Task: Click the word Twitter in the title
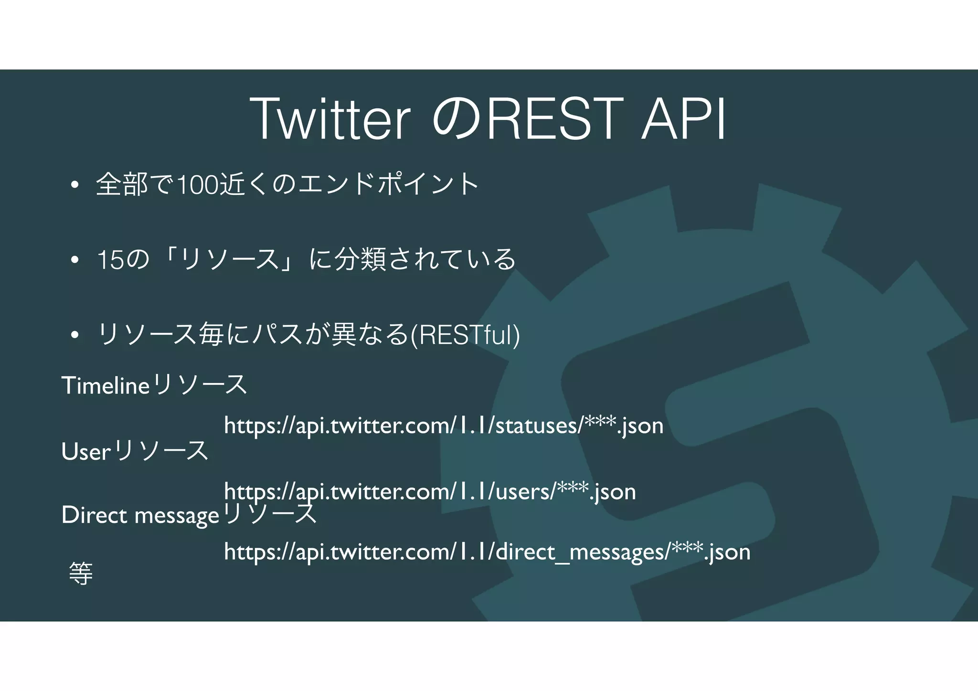pos(330,119)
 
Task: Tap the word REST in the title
pos(554,119)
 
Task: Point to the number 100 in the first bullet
pos(198,185)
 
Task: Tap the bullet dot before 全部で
pos(74,185)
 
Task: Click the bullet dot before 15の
pos(74,260)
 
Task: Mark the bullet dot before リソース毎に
pos(74,335)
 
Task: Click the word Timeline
pos(106,385)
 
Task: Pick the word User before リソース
pos(86,451)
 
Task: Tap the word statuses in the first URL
pos(538,425)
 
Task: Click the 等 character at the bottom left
pos(81,574)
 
